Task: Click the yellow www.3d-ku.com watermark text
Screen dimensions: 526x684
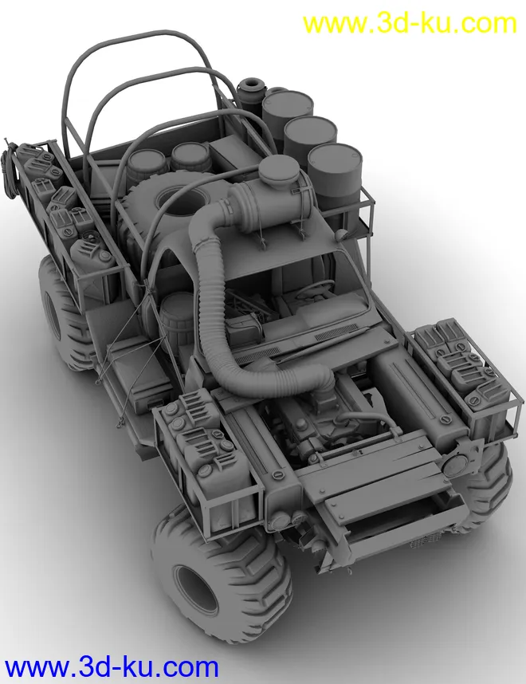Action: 409,24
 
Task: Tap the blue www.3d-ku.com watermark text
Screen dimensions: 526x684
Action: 112,667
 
